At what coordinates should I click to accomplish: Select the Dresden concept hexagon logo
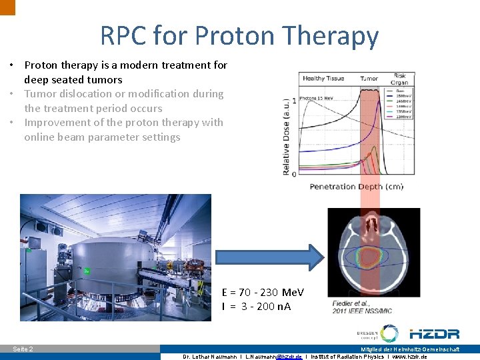click(x=389, y=333)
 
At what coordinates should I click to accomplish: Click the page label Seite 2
click(x=23, y=349)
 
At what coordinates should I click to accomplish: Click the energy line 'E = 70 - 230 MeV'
click(x=263, y=292)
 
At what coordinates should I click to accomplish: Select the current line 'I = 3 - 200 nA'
click(x=256, y=307)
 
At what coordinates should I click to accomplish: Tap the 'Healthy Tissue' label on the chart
click(x=323, y=78)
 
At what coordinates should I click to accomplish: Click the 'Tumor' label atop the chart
click(x=369, y=78)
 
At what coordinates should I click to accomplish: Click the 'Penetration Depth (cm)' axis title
click(x=356, y=187)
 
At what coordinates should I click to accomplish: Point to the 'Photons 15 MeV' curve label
click(x=318, y=99)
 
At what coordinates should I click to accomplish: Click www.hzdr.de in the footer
click(x=409, y=357)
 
